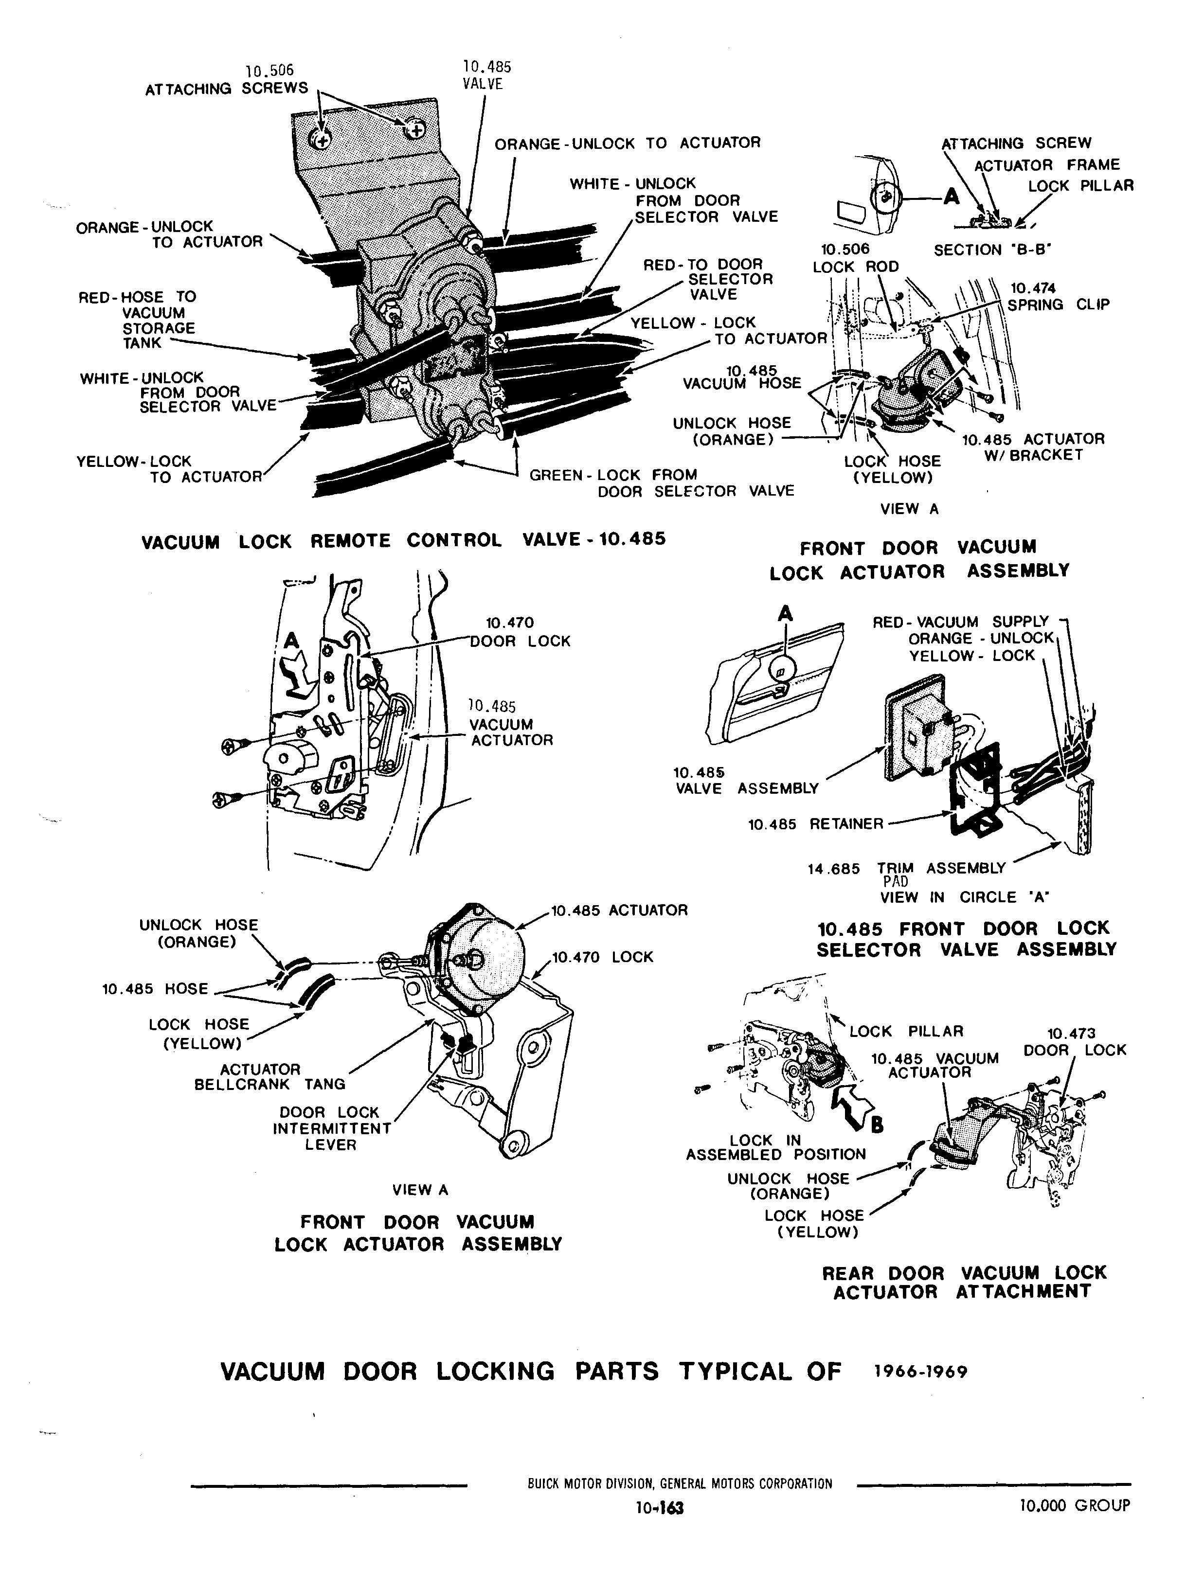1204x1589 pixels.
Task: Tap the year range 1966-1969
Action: coord(920,1371)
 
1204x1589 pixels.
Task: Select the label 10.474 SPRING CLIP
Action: coord(1057,297)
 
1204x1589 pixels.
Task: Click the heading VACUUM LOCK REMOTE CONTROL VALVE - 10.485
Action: coord(403,540)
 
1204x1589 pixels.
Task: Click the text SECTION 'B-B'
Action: coord(992,250)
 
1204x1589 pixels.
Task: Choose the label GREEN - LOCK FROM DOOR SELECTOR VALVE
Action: coord(661,483)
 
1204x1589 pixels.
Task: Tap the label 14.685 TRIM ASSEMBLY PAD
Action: coord(907,874)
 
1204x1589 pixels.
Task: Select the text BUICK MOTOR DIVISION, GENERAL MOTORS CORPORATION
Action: coord(680,1483)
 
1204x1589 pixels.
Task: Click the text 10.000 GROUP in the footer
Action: coord(1075,1505)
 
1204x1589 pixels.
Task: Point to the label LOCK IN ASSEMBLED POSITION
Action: coord(776,1147)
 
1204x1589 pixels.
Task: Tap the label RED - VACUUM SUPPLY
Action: coord(960,622)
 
